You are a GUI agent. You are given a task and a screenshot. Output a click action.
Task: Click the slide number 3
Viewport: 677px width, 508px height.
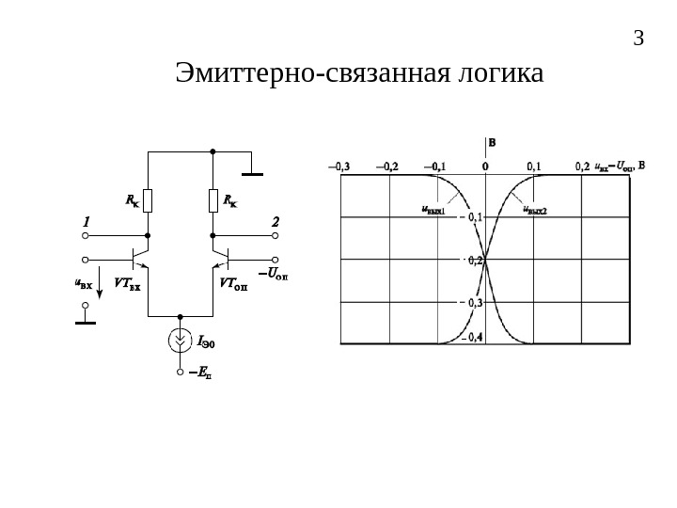[x=638, y=40]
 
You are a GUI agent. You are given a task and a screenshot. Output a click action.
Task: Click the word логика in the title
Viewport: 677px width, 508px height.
[x=494, y=73]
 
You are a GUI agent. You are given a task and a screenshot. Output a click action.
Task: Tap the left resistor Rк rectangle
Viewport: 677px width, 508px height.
[x=148, y=200]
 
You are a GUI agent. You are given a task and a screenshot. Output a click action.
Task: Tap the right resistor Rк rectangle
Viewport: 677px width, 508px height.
[x=213, y=200]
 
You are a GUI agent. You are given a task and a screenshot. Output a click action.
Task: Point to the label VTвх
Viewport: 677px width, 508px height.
[x=127, y=282]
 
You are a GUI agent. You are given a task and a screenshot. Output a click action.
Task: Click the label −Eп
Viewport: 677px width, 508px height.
[x=200, y=373]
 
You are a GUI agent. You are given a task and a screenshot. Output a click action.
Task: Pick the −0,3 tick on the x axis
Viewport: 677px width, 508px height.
[x=338, y=167]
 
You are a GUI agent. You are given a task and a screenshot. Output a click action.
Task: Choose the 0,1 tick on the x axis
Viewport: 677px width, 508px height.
[x=534, y=167]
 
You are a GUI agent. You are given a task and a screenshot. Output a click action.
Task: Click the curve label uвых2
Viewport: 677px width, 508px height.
[x=535, y=211]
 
